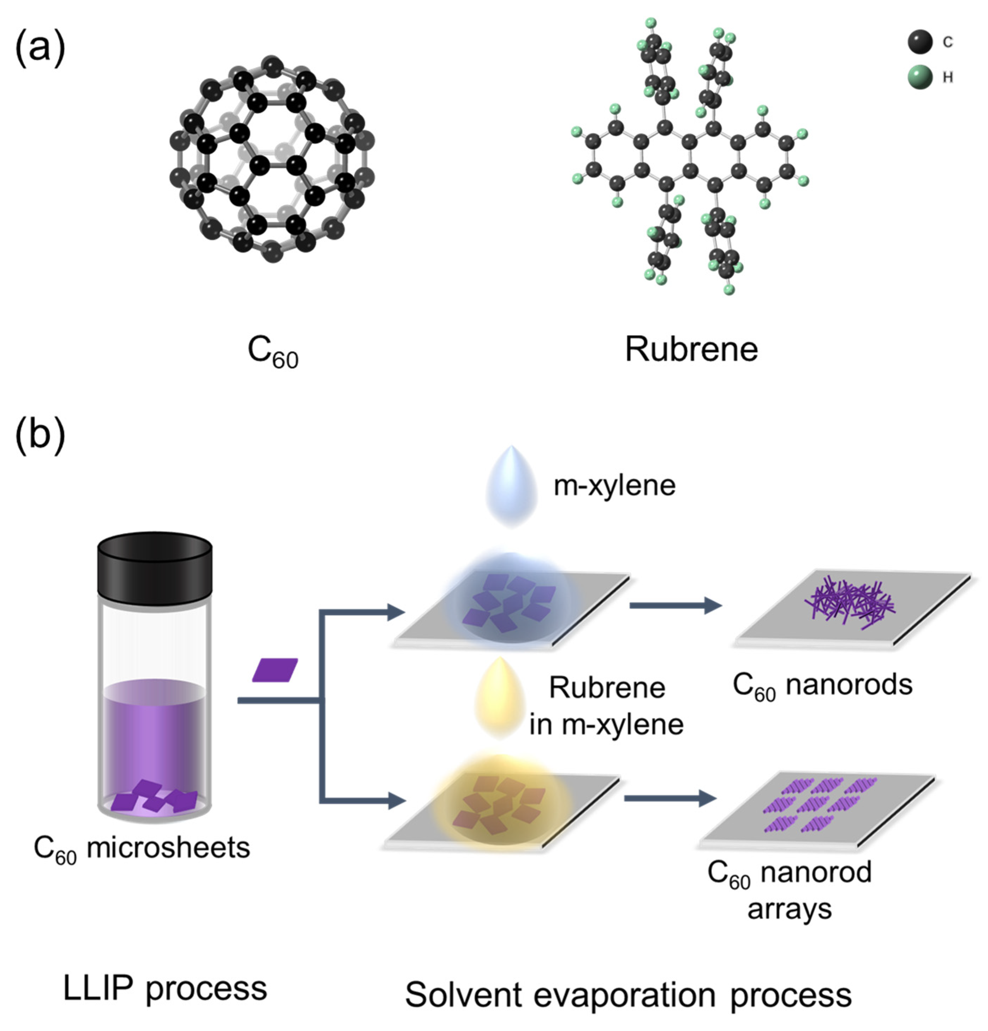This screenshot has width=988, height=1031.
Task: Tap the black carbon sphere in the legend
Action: coord(919,42)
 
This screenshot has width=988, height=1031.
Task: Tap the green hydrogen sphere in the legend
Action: coord(919,77)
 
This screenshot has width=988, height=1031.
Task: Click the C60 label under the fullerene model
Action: coord(273,351)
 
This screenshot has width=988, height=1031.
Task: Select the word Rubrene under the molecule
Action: coord(691,349)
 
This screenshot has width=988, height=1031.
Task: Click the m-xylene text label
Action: coord(614,485)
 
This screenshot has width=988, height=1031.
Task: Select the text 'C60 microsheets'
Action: coord(142,848)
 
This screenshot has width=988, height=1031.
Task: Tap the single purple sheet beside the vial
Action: coord(275,670)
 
